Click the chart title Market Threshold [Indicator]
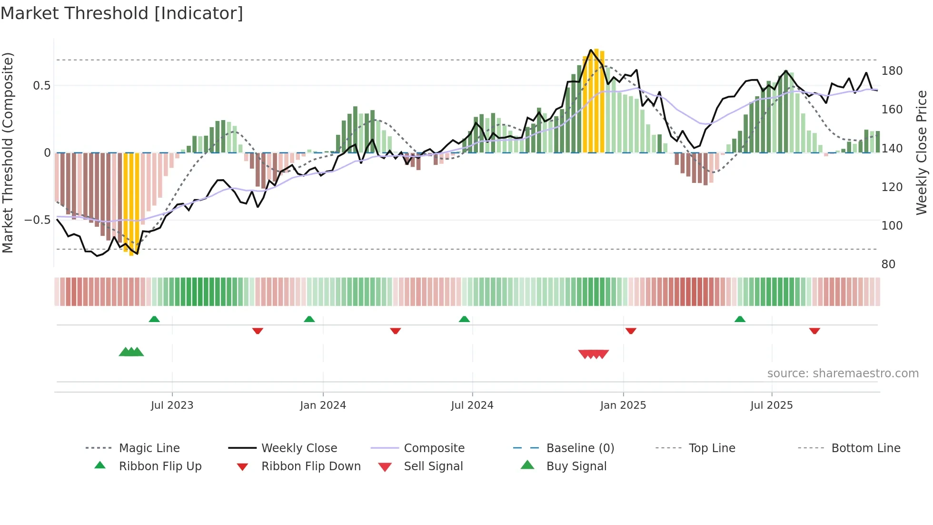coord(122,13)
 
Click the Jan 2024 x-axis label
coord(323,405)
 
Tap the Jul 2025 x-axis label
coord(771,405)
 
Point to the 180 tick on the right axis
coord(892,71)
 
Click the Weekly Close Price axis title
coord(922,152)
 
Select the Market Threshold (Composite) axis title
coord(8,152)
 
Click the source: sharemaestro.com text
coord(843,374)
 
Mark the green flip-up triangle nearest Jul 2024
coord(464,319)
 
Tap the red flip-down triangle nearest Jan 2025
coord(631,331)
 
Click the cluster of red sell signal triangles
coord(593,354)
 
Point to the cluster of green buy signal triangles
coord(131,352)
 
